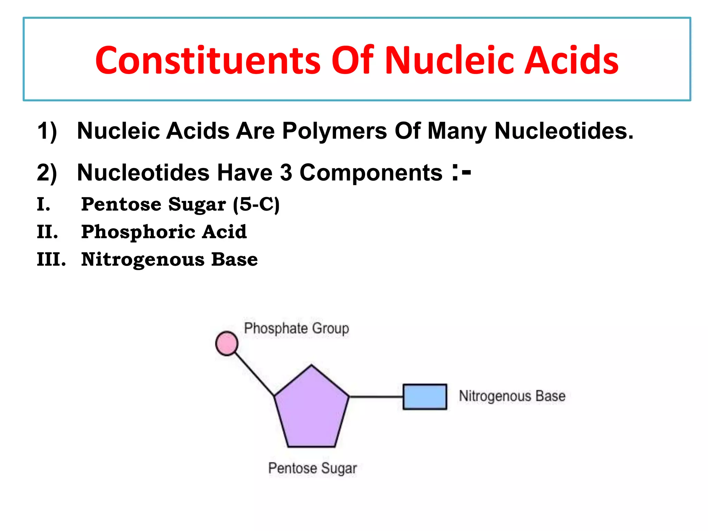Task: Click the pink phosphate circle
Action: (227, 343)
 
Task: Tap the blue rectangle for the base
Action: (425, 397)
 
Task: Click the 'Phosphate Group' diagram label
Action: (296, 328)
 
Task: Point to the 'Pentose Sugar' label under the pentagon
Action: (312, 468)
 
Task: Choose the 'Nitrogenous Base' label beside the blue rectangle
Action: (512, 396)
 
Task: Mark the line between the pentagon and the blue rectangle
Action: (376, 397)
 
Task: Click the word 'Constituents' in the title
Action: (208, 60)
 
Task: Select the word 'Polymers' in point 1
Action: (334, 131)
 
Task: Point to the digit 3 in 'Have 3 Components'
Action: (286, 173)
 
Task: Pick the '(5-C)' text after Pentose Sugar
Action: (256, 204)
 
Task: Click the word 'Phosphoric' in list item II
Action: (138, 232)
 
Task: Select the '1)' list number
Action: (47, 131)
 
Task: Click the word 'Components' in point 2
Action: (371, 173)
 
